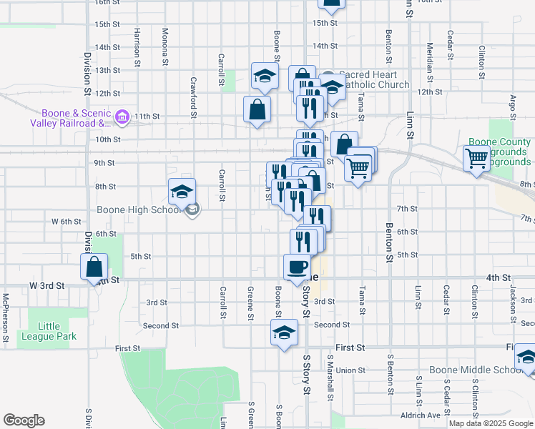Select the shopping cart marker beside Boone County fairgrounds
476,158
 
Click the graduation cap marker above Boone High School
182,191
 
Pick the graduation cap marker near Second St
284,332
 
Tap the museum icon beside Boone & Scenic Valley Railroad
122,117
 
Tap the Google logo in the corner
24,420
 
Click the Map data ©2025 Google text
491,423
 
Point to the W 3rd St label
46,285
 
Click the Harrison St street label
137,44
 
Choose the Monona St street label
165,47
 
